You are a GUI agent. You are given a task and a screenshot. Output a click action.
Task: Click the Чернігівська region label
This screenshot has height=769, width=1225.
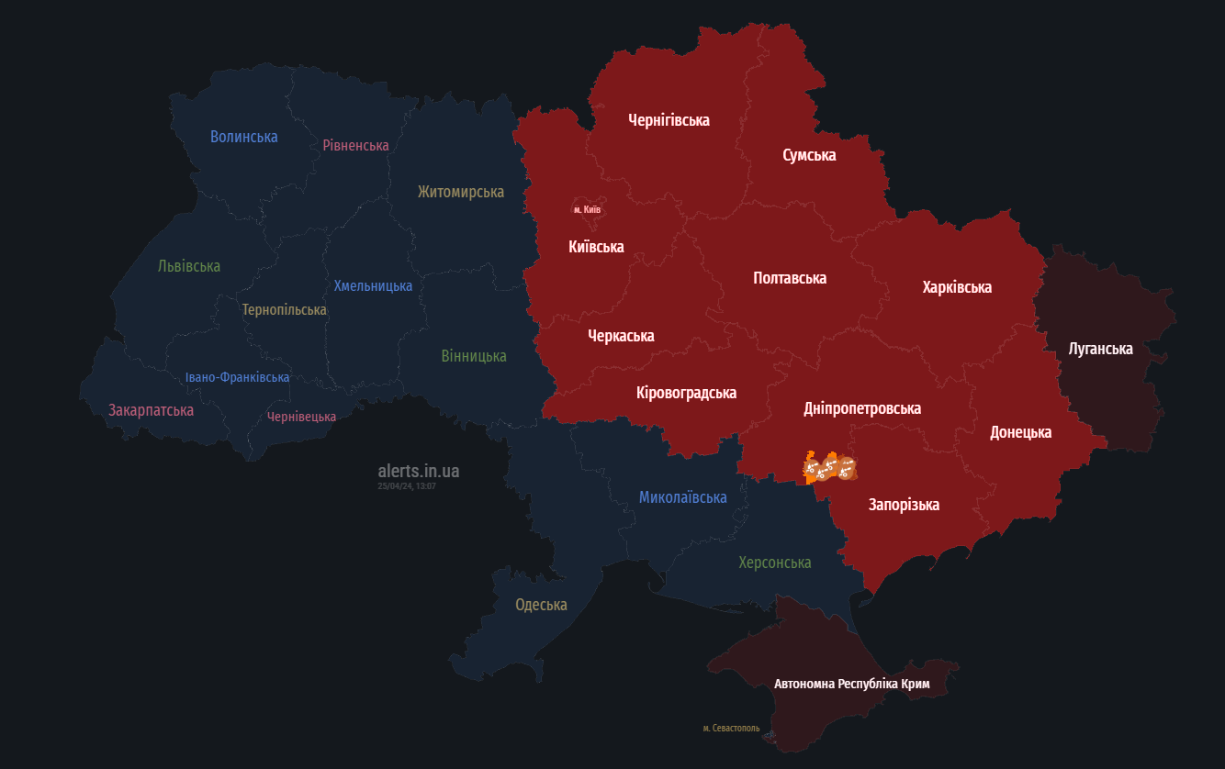pos(669,120)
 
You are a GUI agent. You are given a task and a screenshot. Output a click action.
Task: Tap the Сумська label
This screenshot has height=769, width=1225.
pos(809,155)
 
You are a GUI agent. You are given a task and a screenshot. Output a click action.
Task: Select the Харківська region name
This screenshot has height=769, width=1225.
pos(957,287)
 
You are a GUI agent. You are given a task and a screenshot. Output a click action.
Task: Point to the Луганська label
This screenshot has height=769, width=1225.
pos(1100,349)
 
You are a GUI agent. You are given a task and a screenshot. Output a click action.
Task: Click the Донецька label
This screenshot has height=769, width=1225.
pos(1020,432)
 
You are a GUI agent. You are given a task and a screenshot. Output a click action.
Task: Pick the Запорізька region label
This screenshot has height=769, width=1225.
pos(904,505)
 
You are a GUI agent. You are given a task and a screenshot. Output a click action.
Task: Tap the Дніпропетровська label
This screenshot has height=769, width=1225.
pos(861,408)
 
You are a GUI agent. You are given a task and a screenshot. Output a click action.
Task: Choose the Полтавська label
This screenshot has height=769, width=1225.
pos(789,278)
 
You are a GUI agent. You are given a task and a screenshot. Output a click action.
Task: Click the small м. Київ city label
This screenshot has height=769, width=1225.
pos(587,210)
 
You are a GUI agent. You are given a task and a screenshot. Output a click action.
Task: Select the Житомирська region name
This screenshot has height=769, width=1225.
pos(460,192)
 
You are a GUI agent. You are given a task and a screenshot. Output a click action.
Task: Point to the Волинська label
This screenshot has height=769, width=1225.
pos(243,137)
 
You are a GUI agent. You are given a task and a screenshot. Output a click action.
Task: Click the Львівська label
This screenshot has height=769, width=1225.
pos(189,266)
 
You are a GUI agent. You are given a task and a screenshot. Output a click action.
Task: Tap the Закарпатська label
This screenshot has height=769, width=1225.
pos(151,410)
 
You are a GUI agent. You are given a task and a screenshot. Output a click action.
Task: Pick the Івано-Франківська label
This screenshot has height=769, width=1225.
pos(237,377)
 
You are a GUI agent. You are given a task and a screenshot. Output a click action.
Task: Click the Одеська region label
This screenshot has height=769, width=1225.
pos(541,605)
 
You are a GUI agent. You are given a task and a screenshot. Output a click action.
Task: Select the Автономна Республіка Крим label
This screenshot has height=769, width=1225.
pos(851,685)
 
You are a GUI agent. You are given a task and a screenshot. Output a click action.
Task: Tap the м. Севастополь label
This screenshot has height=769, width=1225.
pos(731,729)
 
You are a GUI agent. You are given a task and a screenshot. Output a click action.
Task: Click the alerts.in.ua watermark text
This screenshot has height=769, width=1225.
pos(418,471)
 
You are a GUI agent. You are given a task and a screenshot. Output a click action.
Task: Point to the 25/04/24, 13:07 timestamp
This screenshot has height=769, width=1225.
pos(406,486)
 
